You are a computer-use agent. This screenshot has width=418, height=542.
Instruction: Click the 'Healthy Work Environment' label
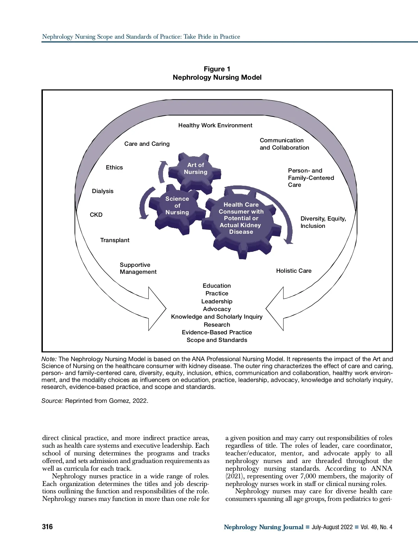tap(215, 126)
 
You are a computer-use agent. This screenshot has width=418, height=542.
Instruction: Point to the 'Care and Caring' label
tap(147, 144)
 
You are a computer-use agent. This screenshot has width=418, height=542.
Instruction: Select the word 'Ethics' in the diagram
tap(114, 168)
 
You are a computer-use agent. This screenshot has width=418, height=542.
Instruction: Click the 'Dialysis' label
tap(103, 191)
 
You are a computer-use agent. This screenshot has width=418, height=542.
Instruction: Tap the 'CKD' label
tap(96, 215)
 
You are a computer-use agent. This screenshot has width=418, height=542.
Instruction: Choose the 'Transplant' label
tap(115, 240)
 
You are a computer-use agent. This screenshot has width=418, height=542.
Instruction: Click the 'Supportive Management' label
tap(138, 269)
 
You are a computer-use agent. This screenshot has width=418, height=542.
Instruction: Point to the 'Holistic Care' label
tap(294, 271)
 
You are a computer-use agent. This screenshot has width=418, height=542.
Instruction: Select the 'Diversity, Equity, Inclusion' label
tap(323, 222)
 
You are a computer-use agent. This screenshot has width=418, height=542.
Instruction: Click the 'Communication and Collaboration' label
tap(284, 144)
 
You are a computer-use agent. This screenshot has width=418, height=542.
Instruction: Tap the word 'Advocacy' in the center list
tap(217, 309)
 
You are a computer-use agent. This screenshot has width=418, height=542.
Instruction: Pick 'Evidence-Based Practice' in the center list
tap(217, 333)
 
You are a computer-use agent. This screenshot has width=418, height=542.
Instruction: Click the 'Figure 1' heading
tap(217, 69)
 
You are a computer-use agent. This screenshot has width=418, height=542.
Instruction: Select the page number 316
tap(47, 527)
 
